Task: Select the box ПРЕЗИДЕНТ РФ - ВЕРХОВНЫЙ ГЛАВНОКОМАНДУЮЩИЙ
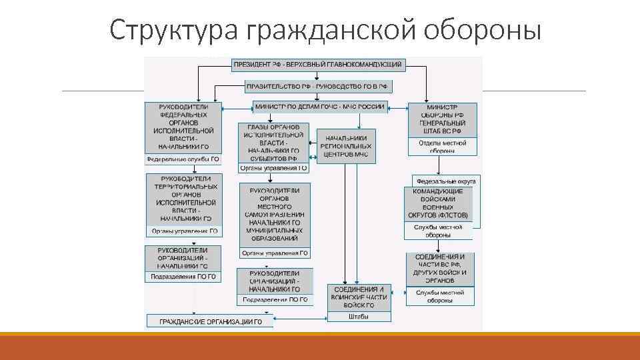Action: click(x=317, y=65)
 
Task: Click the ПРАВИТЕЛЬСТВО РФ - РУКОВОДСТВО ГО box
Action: click(x=318, y=87)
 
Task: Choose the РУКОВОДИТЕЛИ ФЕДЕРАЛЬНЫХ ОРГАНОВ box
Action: click(x=183, y=127)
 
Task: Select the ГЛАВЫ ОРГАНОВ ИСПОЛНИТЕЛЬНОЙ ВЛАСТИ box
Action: click(x=273, y=142)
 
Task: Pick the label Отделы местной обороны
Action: click(x=442, y=147)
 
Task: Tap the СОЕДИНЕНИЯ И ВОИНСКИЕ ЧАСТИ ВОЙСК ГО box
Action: click(x=358, y=297)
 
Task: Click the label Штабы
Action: click(x=358, y=317)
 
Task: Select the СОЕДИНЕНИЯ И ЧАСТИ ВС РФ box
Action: click(x=440, y=269)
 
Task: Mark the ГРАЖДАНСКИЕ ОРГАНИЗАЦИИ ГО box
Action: click(x=210, y=322)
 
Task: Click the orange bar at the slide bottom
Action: click(x=320, y=347)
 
